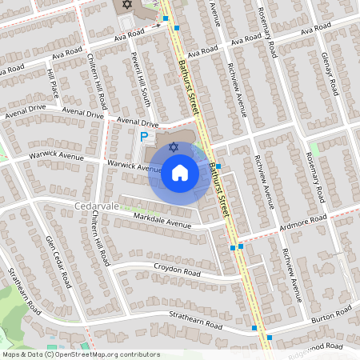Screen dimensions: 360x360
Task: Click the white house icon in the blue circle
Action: [x=179, y=172]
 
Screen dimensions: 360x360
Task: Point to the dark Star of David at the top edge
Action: [x=126, y=6]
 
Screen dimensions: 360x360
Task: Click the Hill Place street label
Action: [x=53, y=84]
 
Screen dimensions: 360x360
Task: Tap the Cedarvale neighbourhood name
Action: [x=97, y=206]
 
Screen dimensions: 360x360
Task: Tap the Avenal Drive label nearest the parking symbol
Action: [x=138, y=122]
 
